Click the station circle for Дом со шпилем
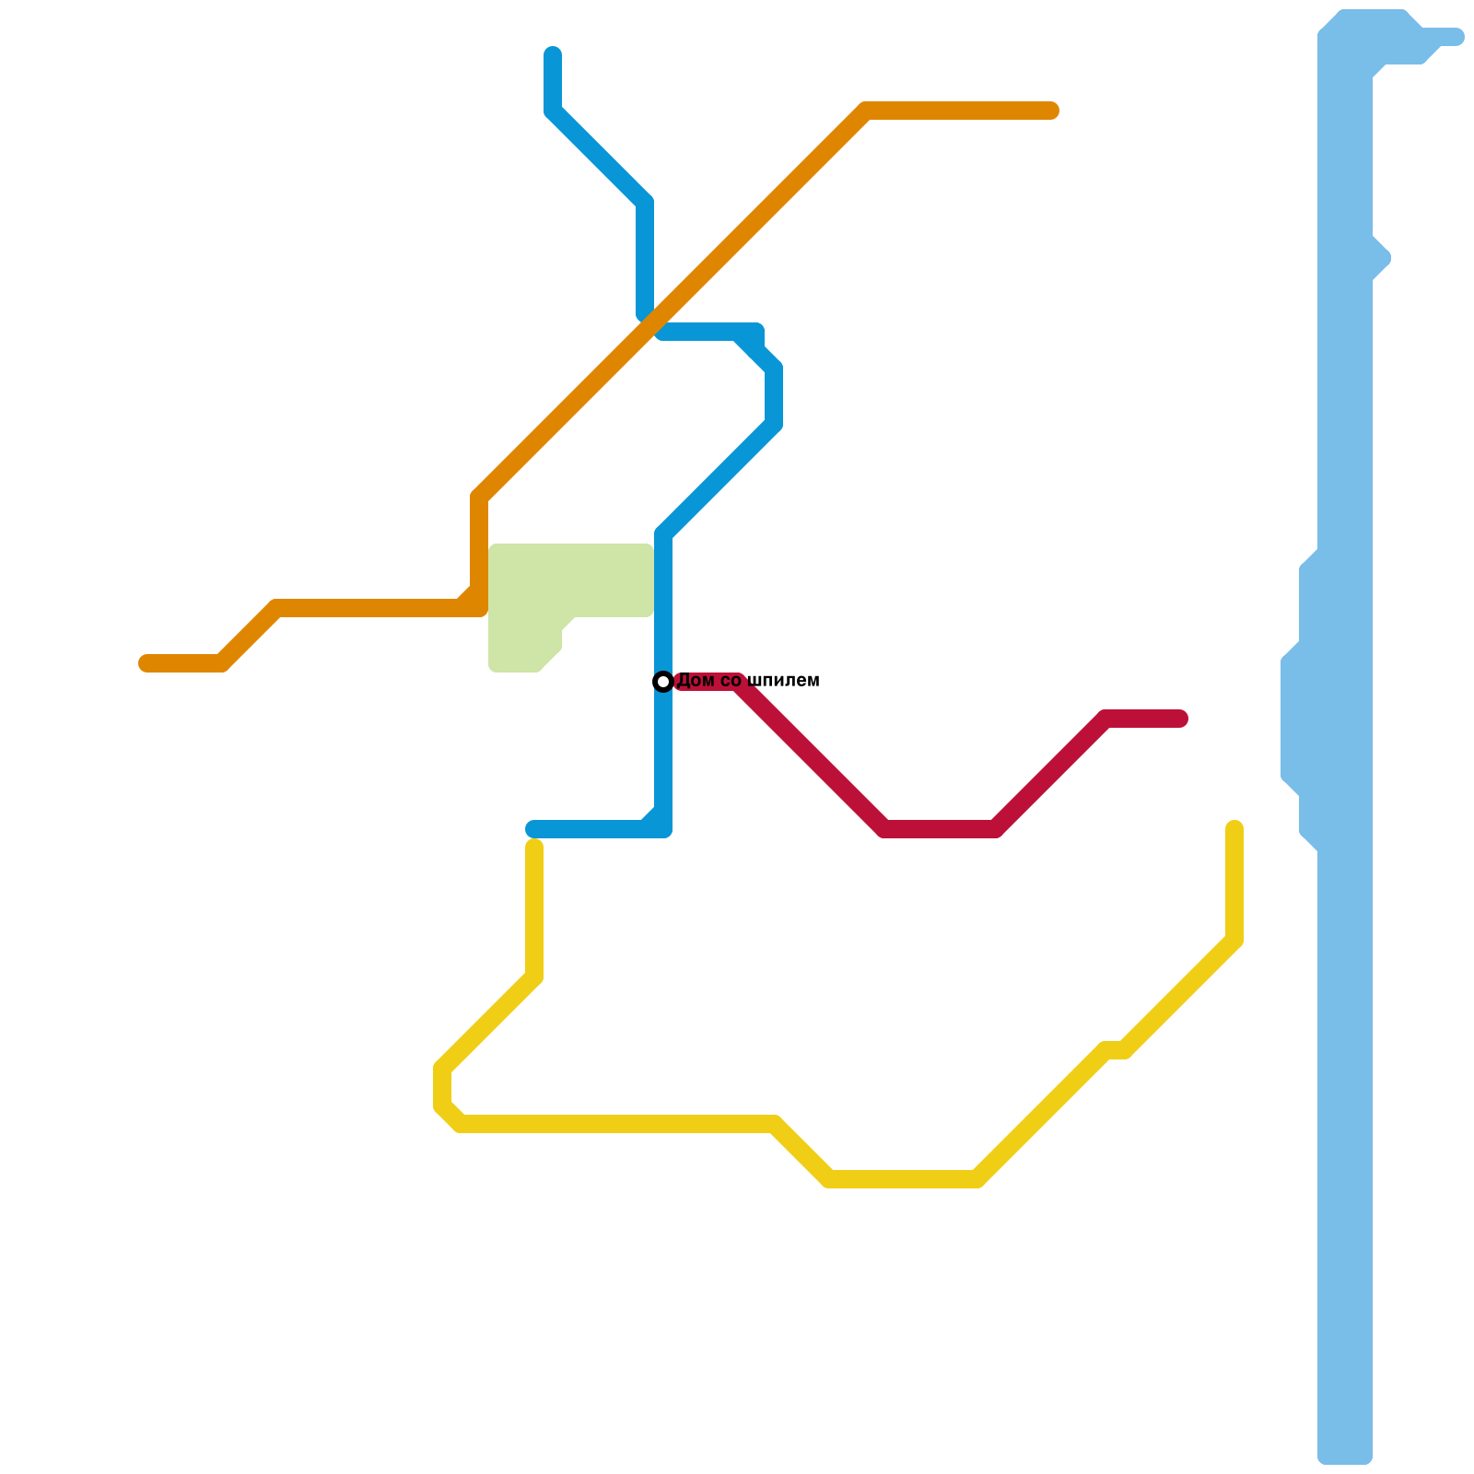[x=663, y=682]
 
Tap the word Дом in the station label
[x=695, y=682]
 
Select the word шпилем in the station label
[x=783, y=682]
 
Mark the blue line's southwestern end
[x=532, y=829]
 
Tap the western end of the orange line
[x=146, y=663]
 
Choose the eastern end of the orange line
[x=1052, y=111]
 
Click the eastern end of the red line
[x=1181, y=719]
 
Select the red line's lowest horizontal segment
[x=940, y=829]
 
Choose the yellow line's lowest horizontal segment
[x=903, y=1179]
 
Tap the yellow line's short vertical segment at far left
[x=442, y=1087]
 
